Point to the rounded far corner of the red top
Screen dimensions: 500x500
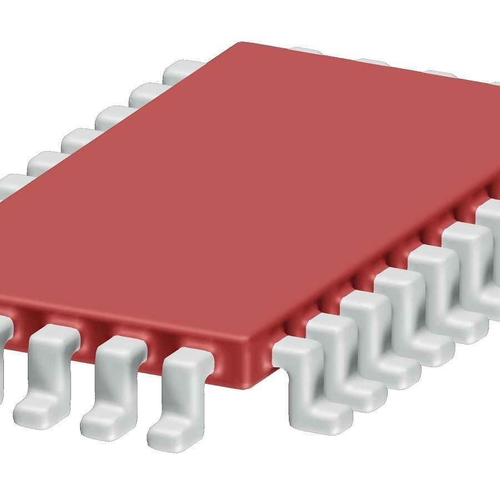click(x=242, y=44)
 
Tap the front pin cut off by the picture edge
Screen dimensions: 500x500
click(x=4, y=344)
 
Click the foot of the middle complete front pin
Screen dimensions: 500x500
click(x=103, y=425)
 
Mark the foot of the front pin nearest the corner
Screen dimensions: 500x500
click(x=169, y=433)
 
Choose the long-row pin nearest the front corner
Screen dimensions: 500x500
click(x=303, y=378)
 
